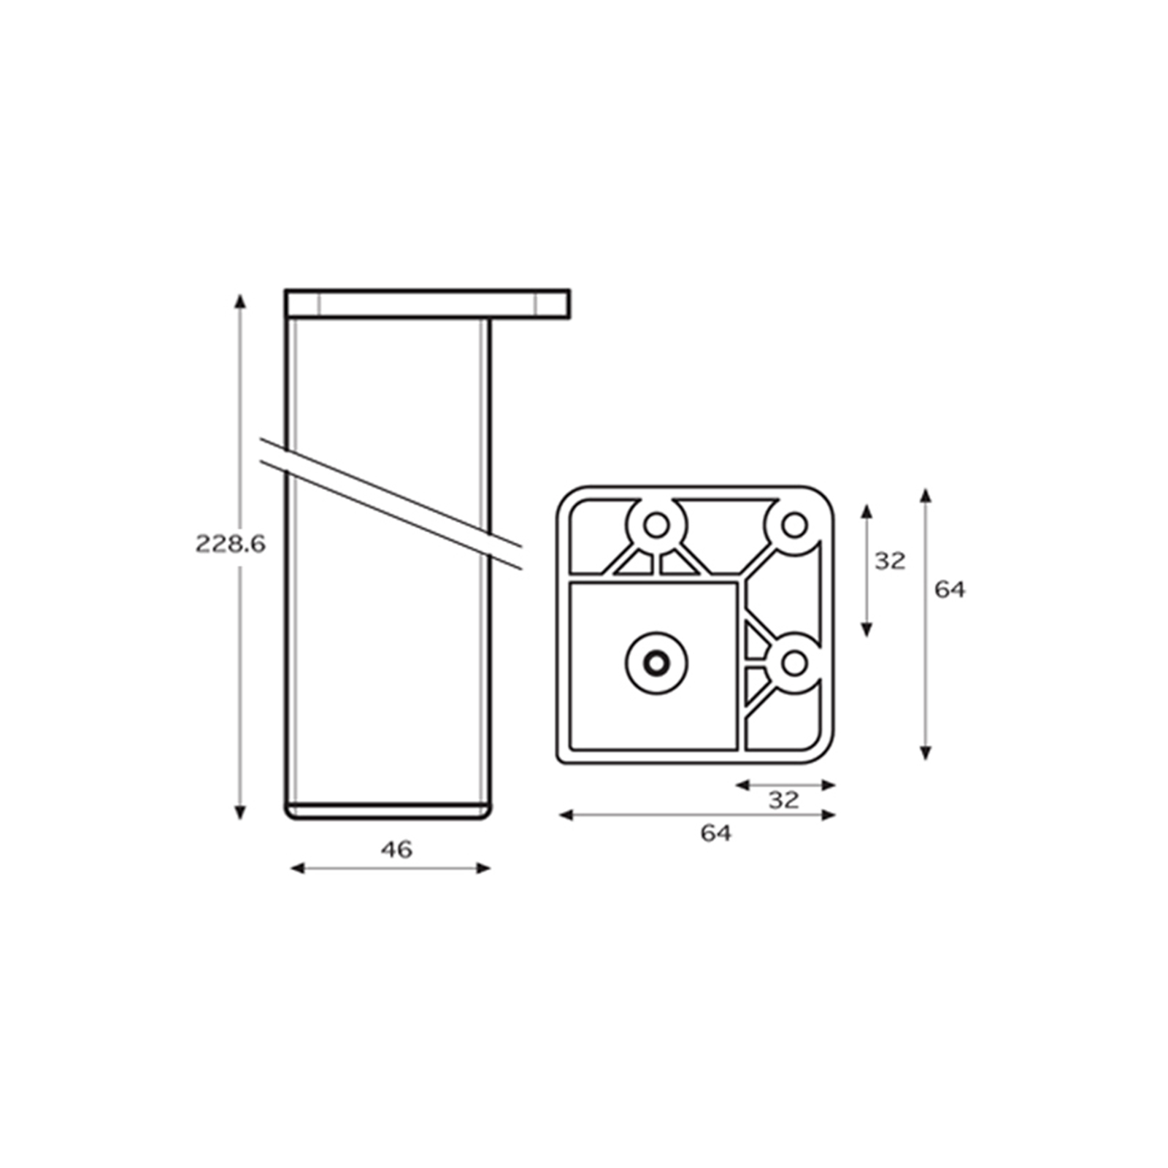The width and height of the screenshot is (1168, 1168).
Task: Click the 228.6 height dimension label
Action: pyautogui.click(x=230, y=544)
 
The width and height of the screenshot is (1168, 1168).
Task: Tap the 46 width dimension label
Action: pyautogui.click(x=396, y=850)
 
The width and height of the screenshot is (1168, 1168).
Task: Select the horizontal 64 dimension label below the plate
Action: pyautogui.click(x=715, y=833)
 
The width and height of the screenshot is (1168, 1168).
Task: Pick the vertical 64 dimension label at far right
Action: pyautogui.click(x=950, y=590)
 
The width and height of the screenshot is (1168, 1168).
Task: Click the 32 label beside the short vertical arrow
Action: pyautogui.click(x=890, y=561)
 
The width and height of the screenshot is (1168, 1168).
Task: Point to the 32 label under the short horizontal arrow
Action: pyautogui.click(x=784, y=800)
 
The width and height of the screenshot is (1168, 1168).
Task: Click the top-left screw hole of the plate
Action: pyautogui.click(x=656, y=524)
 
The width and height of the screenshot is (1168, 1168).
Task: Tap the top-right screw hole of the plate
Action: pyautogui.click(x=794, y=524)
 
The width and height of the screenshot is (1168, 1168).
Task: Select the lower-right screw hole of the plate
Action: pyautogui.click(x=794, y=663)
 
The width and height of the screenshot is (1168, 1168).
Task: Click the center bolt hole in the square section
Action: pyautogui.click(x=656, y=663)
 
